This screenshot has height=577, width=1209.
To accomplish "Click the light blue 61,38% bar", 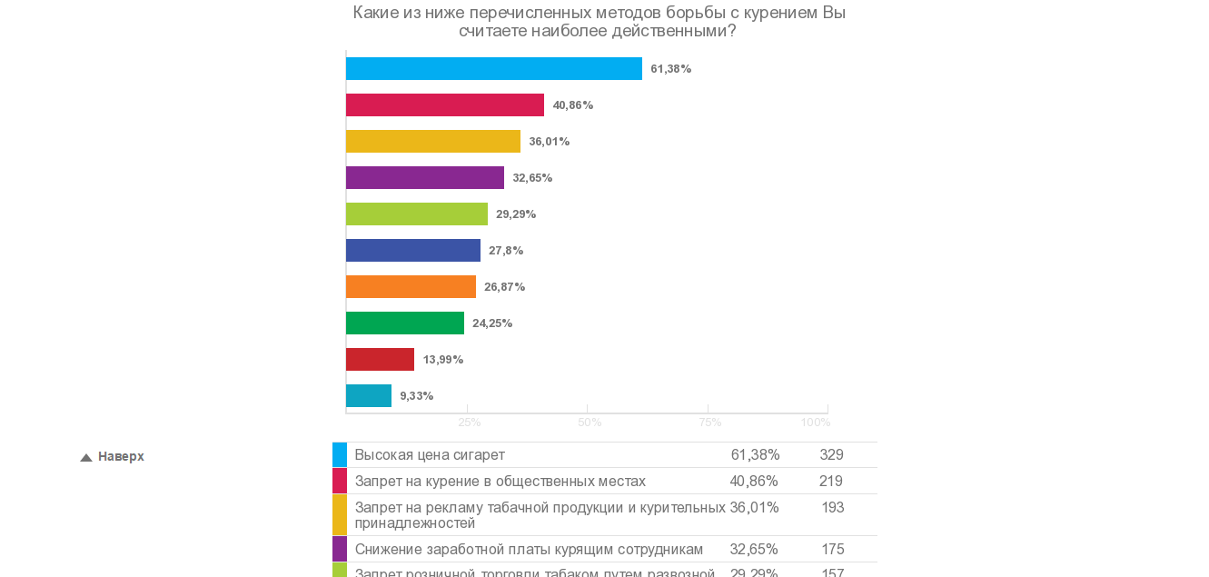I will click(493, 69).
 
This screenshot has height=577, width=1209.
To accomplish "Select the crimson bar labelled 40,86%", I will click(444, 105).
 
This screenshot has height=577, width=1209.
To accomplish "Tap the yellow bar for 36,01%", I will click(432, 142).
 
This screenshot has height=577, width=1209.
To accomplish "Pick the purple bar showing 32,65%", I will click(424, 178).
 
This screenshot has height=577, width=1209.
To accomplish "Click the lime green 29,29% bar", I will click(416, 214).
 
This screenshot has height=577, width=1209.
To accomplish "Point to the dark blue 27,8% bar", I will click(412, 251).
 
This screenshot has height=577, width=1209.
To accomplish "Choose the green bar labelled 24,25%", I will click(404, 323).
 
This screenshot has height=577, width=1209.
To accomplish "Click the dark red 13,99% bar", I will click(380, 360).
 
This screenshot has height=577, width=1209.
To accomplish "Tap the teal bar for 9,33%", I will click(368, 396).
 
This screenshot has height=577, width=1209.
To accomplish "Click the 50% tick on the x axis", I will click(590, 423).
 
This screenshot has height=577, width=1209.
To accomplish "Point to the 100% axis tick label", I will click(815, 423).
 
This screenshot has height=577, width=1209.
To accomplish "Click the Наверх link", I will click(121, 457).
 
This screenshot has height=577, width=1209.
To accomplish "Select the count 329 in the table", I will click(831, 455).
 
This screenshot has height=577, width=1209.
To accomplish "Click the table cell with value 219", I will click(830, 482).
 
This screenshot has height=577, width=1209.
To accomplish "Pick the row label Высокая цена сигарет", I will click(430, 455).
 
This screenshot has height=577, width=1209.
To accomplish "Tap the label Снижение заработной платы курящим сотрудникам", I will click(529, 550).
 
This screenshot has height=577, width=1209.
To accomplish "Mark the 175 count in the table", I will click(832, 550).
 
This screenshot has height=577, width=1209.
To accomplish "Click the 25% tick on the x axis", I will click(469, 423).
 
